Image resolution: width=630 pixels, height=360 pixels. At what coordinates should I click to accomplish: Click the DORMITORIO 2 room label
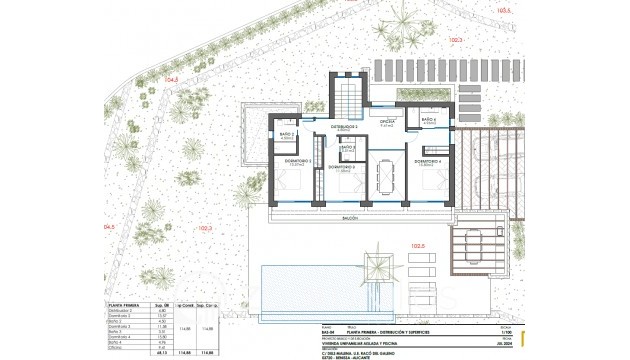297,161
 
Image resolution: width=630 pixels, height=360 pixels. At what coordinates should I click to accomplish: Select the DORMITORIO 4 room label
427,161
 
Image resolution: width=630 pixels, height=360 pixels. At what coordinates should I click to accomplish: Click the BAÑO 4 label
428,120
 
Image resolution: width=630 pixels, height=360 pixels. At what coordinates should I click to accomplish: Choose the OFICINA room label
387,125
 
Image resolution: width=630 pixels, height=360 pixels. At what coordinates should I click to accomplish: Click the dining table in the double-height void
386,177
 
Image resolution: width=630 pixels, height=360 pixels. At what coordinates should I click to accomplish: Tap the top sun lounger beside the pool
421,259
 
